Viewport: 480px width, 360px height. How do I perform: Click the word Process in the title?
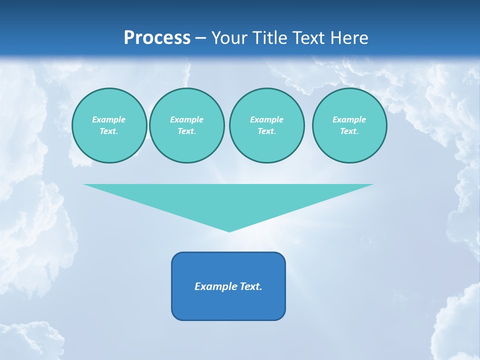157,38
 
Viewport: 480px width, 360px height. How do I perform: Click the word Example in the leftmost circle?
109,119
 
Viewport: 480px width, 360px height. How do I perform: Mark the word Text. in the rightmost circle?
349,131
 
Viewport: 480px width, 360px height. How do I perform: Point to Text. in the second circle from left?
186,131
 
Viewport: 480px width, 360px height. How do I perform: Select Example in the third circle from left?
266,119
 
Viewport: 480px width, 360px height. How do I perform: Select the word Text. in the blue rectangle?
251,286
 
